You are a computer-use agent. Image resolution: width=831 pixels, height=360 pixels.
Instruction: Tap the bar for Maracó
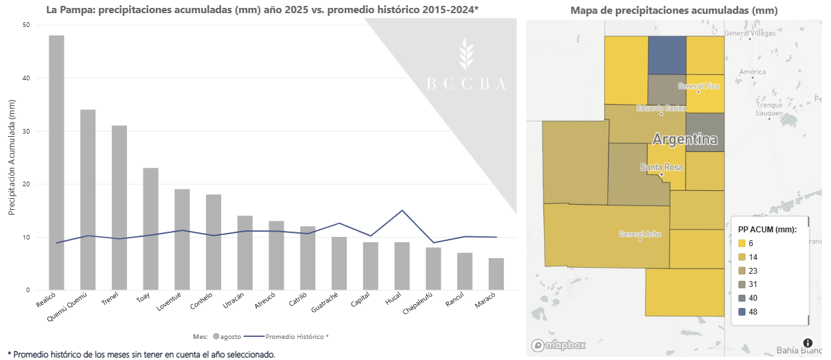point(496,274)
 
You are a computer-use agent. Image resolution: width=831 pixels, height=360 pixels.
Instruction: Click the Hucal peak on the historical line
point(402,211)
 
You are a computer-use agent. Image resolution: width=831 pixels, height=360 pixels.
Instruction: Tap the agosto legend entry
point(227,336)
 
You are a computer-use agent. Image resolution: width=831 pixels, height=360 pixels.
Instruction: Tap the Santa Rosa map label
point(661,167)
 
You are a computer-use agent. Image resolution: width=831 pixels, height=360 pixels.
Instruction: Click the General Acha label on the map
point(640,234)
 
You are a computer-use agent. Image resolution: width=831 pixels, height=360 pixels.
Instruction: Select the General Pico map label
point(699,86)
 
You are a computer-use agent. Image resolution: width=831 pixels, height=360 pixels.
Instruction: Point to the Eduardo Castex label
point(661,108)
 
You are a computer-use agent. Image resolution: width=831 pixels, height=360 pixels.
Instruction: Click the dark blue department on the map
point(667,55)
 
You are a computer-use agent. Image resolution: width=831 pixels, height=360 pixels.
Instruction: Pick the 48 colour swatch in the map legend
point(741,312)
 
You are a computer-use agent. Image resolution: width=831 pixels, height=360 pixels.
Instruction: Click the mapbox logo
point(559,345)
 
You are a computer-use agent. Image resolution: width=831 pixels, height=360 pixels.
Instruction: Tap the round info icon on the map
point(807,343)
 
